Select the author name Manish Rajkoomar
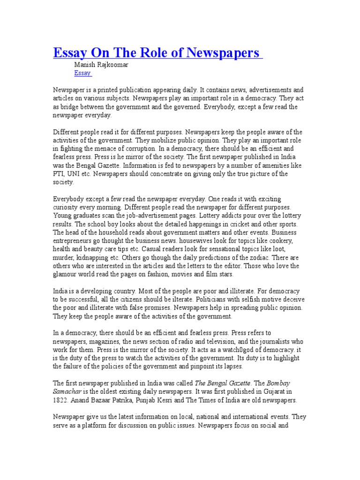(101, 65)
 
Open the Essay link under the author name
(82, 73)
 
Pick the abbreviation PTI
(59, 174)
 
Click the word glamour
(65, 275)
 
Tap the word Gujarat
(270, 391)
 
